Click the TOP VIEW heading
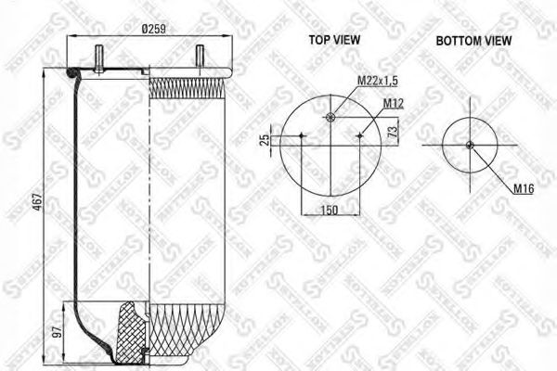click(334, 41)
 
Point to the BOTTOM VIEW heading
click(474, 41)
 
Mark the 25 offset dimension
click(265, 140)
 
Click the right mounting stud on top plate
click(199, 57)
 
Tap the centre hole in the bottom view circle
click(470, 143)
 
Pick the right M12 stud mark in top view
click(359, 135)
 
